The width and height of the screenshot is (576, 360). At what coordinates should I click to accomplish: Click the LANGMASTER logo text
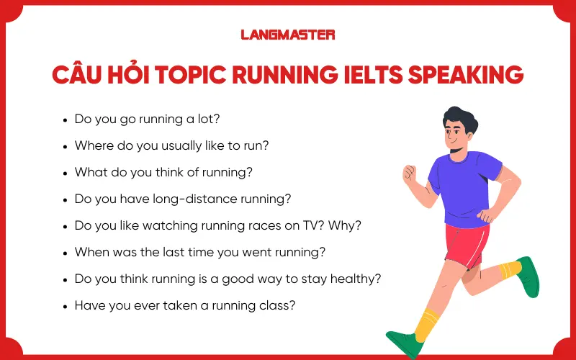point(287,34)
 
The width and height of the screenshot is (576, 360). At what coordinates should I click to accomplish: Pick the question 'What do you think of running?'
point(163,172)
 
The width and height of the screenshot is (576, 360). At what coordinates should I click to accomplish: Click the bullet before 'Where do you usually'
point(66,146)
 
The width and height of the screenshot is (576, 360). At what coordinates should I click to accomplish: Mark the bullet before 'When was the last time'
point(66,253)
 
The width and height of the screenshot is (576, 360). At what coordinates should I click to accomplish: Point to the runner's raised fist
point(410,174)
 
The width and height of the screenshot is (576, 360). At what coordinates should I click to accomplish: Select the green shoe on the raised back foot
point(528,278)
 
